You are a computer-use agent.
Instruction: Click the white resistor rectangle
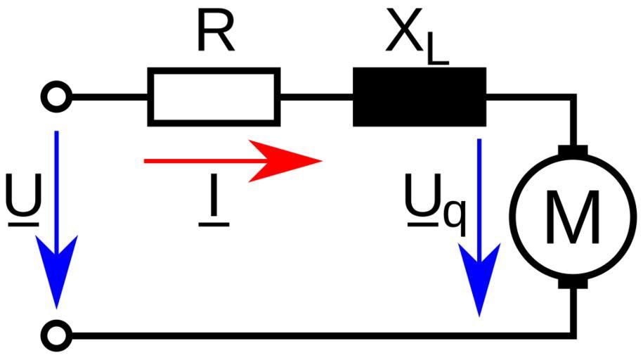pos(214,96)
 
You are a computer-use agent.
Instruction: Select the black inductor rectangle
pos(419,96)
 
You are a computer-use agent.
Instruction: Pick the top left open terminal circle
pos(56,96)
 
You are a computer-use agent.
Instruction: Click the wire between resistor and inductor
pos(316,96)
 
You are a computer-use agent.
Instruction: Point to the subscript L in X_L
pos(436,53)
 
